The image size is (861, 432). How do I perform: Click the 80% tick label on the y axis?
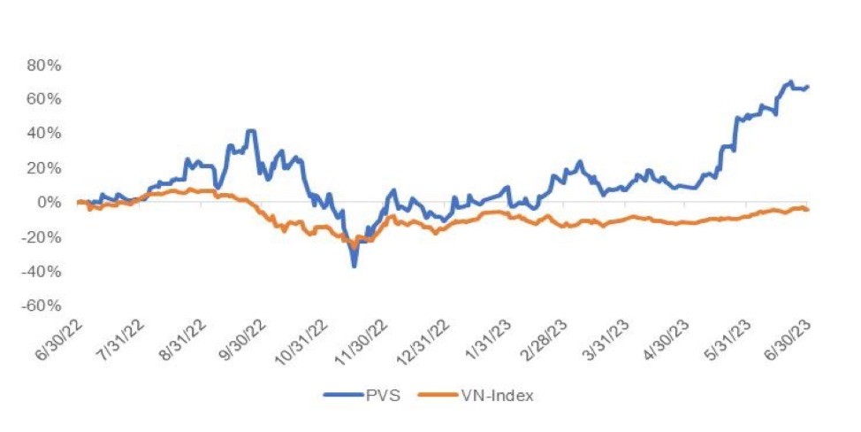(x=44, y=66)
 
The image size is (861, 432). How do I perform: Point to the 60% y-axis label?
(x=44, y=99)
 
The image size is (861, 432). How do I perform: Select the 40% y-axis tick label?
(x=44, y=134)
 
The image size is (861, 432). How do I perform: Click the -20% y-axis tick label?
(x=42, y=237)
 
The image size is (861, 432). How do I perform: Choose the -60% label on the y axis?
(x=42, y=305)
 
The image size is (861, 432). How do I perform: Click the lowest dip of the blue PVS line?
(x=354, y=266)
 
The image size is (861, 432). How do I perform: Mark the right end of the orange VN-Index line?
(x=808, y=210)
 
